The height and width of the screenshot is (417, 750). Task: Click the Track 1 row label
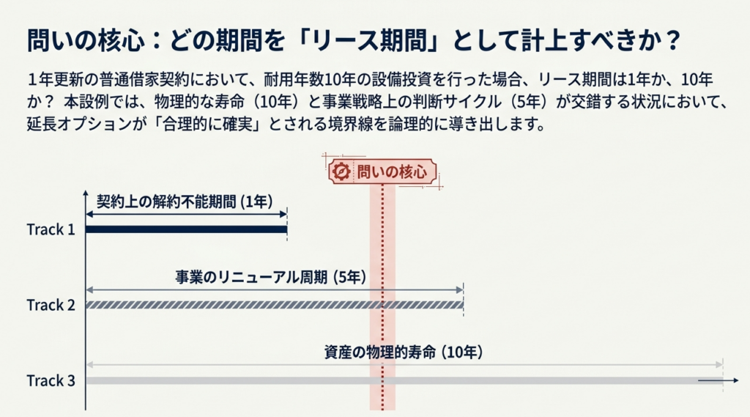pos(51,229)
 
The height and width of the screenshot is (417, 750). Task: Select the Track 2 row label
pos(51,305)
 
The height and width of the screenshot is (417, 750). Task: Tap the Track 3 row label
pos(51,380)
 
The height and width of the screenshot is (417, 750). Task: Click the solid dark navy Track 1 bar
pos(187,229)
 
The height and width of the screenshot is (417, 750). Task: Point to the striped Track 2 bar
pos(275,305)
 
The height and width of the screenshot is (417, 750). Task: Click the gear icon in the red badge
pos(341,171)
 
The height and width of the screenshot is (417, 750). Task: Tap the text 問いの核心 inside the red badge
pos(392,171)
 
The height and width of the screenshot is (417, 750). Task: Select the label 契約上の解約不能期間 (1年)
pos(185,202)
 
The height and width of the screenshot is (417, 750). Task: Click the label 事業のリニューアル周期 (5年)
pos(271,277)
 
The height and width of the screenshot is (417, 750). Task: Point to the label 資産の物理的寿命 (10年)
pos(404,353)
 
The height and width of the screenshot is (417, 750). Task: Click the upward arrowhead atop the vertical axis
pos(86,193)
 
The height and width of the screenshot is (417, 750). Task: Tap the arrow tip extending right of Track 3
pos(737,380)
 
